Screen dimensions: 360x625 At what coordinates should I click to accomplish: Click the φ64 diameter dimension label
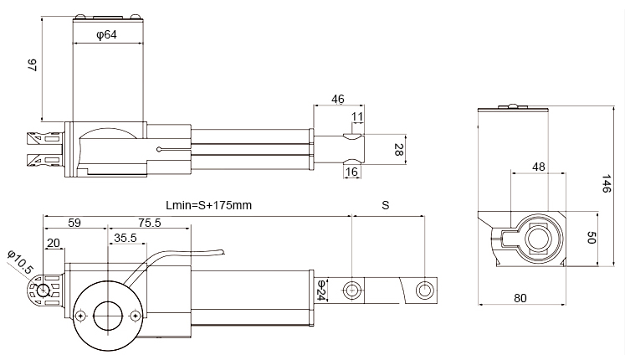[x=105, y=35]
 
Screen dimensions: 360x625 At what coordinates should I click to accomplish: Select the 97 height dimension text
[x=31, y=66]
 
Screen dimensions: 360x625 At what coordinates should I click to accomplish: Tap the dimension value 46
[x=338, y=98]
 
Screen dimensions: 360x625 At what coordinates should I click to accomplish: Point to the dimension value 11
[x=357, y=116]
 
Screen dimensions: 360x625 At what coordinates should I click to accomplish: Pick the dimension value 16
[x=351, y=172]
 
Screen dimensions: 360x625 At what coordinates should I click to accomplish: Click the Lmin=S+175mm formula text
[x=209, y=204]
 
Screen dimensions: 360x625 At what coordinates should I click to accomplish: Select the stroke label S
[x=385, y=204]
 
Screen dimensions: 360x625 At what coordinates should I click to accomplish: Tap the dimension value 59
[x=74, y=223]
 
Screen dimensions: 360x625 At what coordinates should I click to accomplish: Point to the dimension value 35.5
[x=125, y=238]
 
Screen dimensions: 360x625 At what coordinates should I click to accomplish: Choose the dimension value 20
[x=54, y=243]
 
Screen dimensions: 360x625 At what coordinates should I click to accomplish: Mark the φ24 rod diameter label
[x=320, y=289]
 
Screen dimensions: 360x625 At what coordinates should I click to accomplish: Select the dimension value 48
[x=538, y=167]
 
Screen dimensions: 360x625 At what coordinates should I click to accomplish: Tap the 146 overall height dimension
[x=607, y=183]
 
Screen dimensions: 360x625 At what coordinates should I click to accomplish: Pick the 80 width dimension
[x=520, y=296]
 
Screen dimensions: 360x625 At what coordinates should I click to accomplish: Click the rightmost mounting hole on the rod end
[x=426, y=290]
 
